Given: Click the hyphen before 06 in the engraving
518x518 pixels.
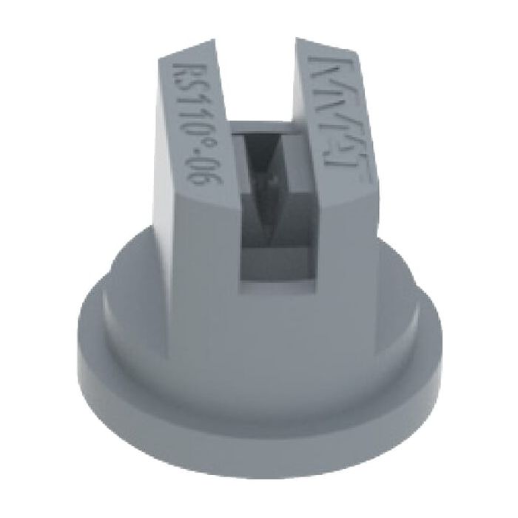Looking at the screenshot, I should [192, 155].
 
